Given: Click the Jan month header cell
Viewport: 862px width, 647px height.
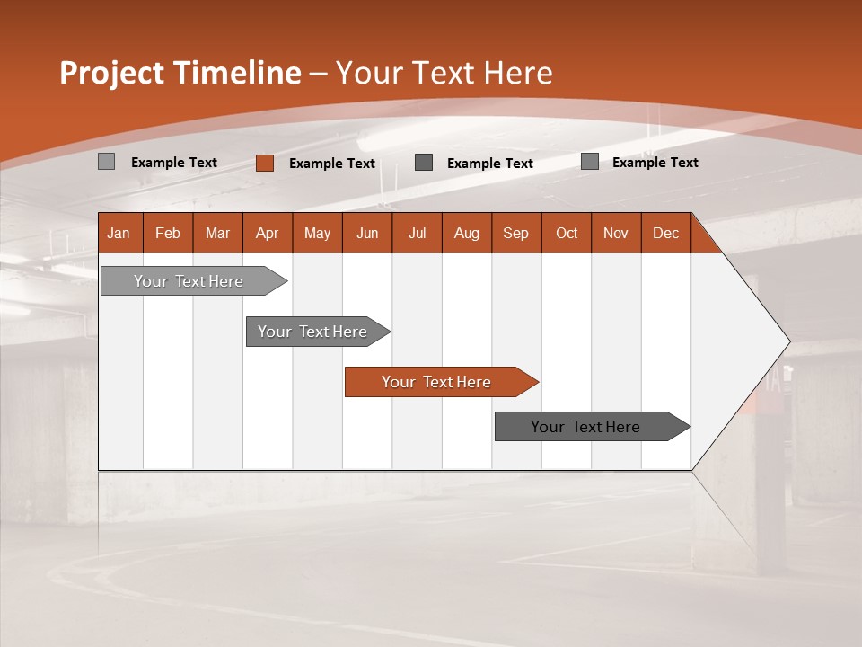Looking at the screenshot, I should tap(119, 233).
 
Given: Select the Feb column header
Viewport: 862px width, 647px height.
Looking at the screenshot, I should tap(168, 233).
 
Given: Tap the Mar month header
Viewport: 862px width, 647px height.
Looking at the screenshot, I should tap(217, 233).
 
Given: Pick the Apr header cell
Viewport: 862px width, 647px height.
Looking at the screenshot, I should tap(268, 233).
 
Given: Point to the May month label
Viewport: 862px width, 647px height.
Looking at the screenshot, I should tap(317, 233).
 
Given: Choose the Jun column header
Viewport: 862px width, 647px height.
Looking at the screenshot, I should tap(367, 233).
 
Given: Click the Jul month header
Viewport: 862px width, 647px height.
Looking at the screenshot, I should tap(417, 233).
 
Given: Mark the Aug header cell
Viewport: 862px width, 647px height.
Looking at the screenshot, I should tap(467, 233).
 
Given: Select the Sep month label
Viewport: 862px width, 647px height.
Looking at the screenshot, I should tap(516, 233).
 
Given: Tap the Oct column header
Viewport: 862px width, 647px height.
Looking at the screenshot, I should tap(567, 233).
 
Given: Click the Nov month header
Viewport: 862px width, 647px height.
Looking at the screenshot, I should tap(616, 233).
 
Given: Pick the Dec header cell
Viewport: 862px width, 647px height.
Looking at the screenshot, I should tap(665, 233).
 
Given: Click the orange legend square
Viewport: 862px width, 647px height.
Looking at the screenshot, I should tap(265, 163).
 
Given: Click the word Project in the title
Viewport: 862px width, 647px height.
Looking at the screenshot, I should tap(113, 73).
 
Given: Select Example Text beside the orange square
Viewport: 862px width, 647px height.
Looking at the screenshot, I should tap(332, 164).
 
